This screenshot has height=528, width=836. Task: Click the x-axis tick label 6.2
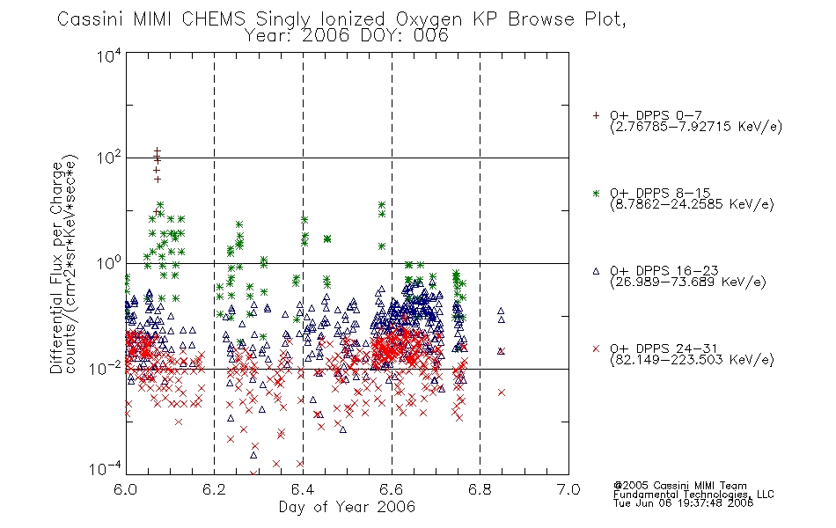214,489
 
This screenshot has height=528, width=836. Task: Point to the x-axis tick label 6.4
303,489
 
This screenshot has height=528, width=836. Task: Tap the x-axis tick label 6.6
391,489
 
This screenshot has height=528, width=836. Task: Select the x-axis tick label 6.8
480,489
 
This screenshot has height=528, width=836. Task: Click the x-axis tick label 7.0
568,489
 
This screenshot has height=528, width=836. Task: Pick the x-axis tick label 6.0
125,489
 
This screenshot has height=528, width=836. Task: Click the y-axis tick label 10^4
109,56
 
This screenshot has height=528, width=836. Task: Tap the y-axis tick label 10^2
109,158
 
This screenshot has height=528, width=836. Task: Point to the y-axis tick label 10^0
109,263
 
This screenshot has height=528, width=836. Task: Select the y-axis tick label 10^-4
105,469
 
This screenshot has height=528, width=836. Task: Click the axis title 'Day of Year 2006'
347,507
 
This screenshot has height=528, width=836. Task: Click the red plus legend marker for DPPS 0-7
596,115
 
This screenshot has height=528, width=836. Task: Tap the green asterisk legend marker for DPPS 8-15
596,193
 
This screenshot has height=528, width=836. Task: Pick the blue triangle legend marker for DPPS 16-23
596,271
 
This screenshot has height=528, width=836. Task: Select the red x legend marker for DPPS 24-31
596,348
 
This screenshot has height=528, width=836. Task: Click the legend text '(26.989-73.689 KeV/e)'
688,282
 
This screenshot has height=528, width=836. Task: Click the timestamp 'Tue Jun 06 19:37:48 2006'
683,502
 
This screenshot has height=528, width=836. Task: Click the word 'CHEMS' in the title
213,19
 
